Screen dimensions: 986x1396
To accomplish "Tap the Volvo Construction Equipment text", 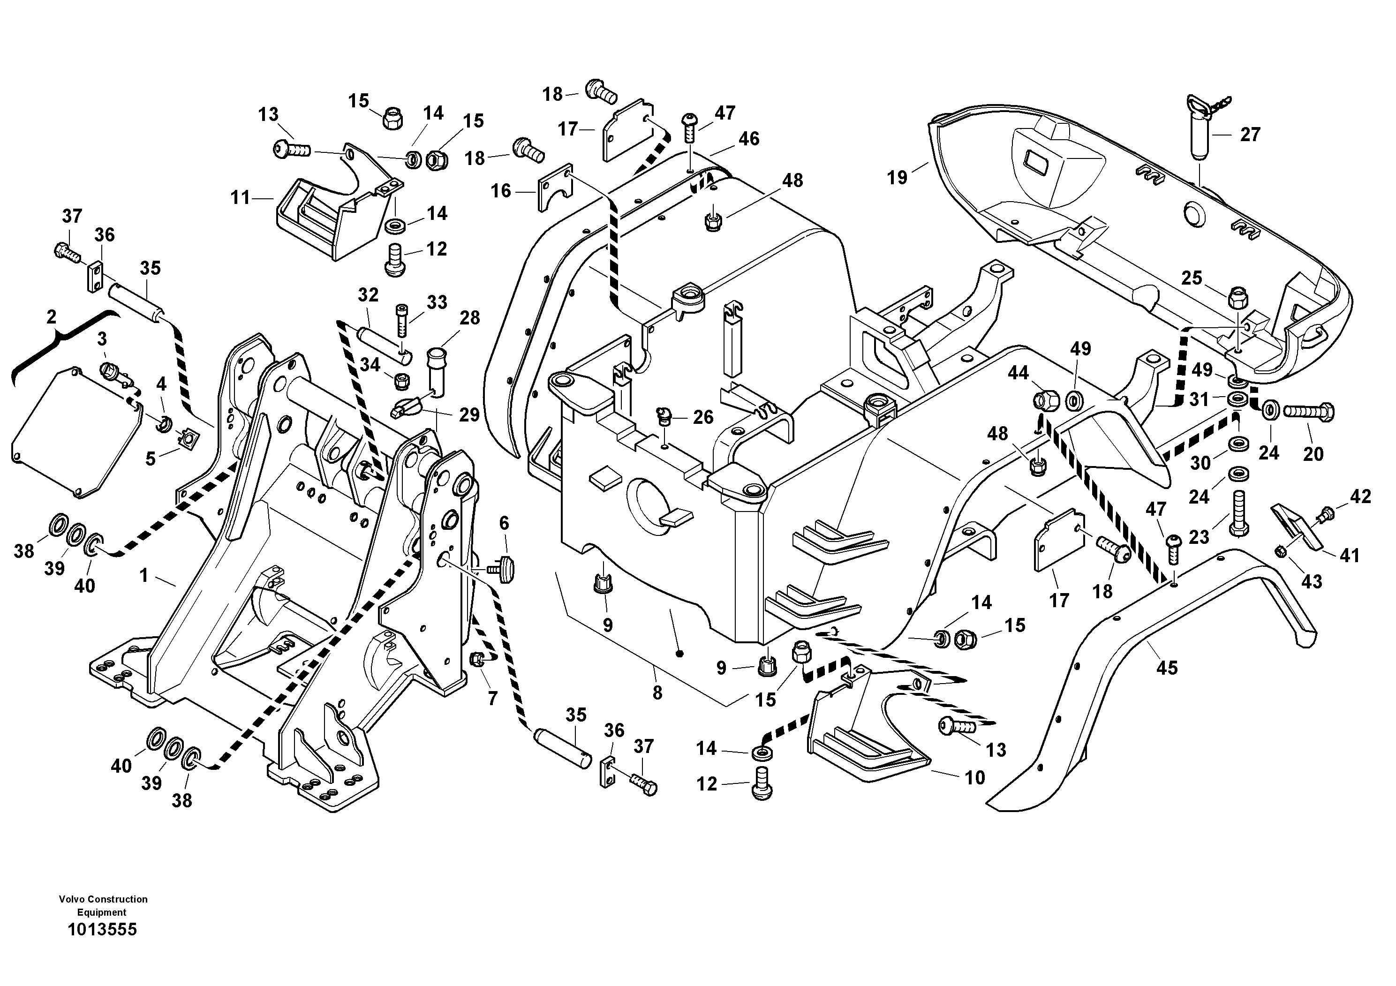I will pos(103,905).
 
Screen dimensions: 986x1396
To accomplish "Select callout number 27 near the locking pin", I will pos(1250,135).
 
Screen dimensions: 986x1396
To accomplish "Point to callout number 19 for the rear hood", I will pos(897,178).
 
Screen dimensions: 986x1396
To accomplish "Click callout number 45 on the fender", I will pos(1166,668).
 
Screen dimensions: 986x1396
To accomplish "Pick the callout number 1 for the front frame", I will pos(143,575).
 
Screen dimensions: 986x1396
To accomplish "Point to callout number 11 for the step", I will pos(240,197).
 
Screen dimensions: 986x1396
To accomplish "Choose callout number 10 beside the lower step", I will pos(974,777).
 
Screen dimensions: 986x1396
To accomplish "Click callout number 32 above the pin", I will pos(368,295).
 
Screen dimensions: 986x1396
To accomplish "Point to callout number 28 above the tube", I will pos(469,318).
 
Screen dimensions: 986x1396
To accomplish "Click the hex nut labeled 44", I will pos(1045,400).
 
